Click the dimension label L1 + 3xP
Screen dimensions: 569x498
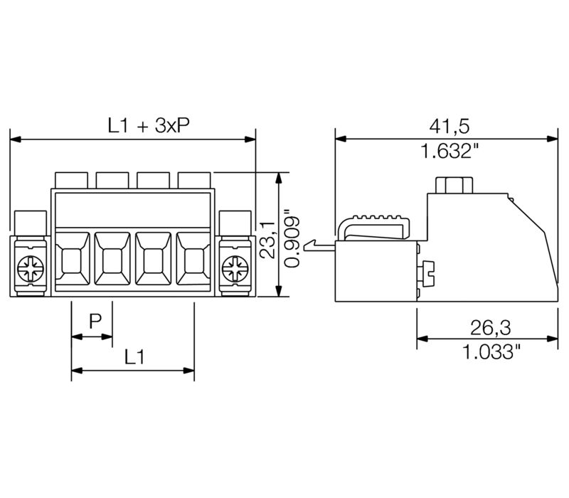[149, 126]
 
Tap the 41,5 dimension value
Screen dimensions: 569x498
[450, 126]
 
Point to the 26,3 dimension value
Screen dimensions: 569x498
[490, 327]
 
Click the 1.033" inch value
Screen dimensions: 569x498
[491, 351]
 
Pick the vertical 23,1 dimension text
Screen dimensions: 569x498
[268, 239]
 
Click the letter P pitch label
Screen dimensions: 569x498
[95, 322]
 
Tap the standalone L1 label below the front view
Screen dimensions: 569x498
[134, 356]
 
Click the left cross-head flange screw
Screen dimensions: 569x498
[31, 269]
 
